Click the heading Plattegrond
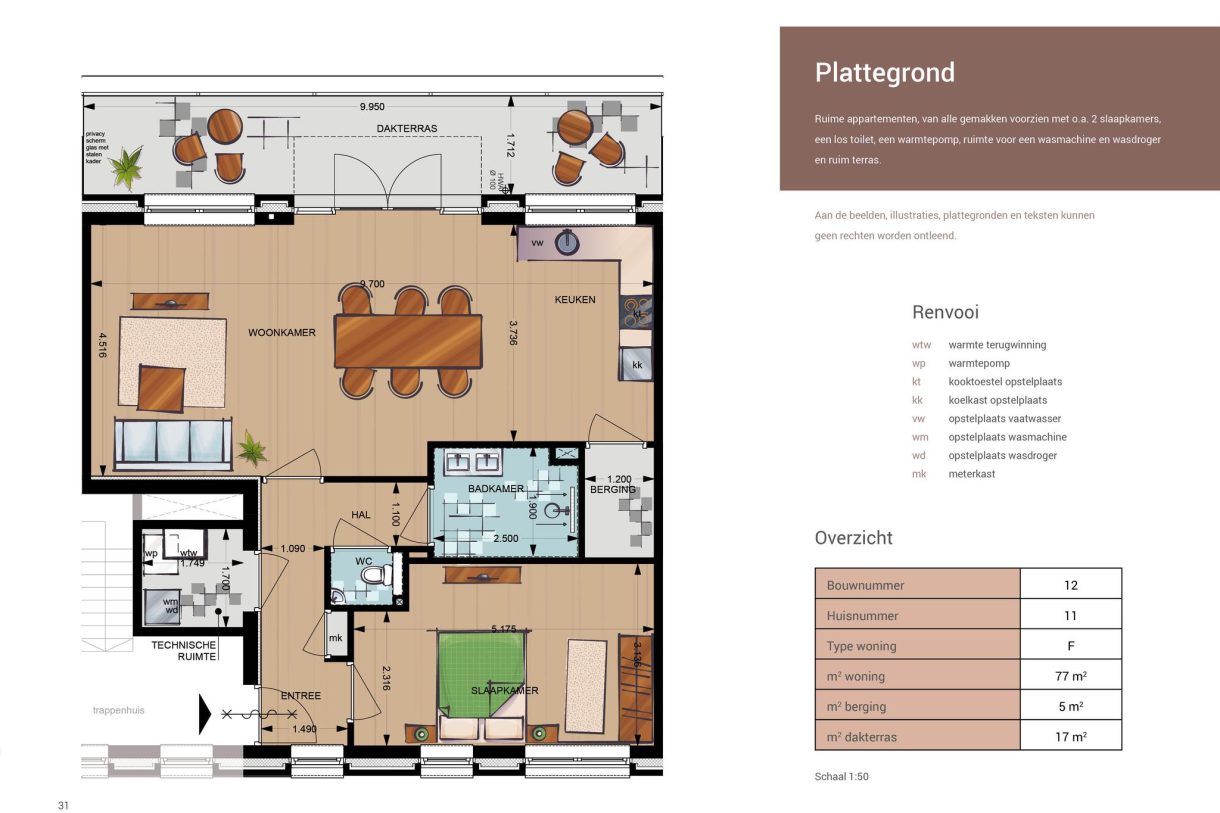884,73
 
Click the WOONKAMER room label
282,333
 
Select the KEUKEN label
575,300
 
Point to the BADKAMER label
496,488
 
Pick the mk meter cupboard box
337,637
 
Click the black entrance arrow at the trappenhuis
205,714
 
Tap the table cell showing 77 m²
1070,676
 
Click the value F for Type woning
1070,646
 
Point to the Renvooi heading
945,312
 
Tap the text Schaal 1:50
842,777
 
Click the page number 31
63,806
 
